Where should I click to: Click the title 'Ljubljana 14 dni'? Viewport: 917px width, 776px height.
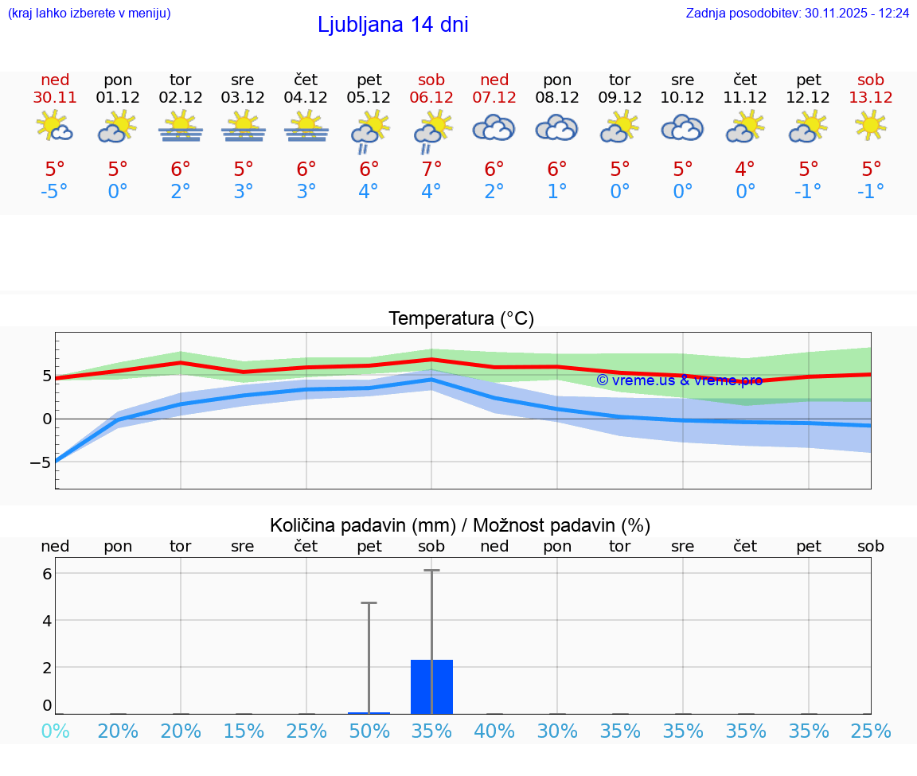point(392,25)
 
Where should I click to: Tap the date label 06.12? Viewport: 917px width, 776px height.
point(431,98)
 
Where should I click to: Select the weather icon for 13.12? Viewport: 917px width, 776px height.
point(871,126)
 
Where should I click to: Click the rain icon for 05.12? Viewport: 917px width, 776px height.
point(369,131)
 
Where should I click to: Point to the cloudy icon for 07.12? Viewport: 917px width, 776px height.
point(494,127)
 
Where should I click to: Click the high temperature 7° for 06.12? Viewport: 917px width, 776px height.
point(431,170)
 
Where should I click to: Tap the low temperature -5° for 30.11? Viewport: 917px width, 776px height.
point(55,192)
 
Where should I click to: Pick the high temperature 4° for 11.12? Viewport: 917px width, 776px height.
point(746,170)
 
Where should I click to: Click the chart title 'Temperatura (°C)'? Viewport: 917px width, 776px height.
point(461,319)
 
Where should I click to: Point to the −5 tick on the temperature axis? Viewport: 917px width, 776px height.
point(40,462)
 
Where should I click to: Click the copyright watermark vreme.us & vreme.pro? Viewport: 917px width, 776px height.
point(679,380)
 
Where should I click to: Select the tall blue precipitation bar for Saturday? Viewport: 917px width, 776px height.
point(431,687)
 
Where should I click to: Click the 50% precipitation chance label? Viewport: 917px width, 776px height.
point(369,731)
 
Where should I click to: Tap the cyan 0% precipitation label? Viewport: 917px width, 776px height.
point(55,731)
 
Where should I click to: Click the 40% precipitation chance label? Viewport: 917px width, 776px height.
point(494,731)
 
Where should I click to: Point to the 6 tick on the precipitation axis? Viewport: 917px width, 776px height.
point(47,573)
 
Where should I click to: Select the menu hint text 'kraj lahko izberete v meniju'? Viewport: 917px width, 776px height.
point(89,14)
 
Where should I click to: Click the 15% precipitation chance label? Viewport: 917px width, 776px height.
point(244,731)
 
